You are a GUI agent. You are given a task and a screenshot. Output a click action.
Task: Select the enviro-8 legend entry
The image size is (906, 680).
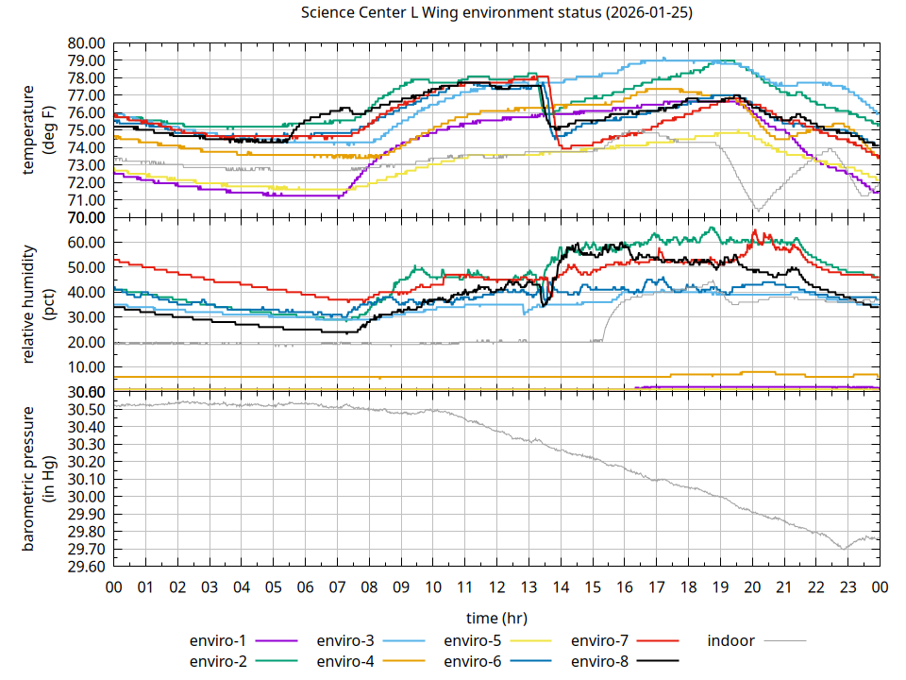coord(603,660)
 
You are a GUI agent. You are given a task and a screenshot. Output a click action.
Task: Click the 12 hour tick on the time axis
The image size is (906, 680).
coord(496,586)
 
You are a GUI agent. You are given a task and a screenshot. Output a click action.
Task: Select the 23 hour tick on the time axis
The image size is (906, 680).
coord(847,586)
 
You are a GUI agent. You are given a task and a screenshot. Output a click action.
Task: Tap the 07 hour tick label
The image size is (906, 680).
coord(337,586)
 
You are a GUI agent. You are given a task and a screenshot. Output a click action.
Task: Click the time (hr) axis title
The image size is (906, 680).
coord(496,618)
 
